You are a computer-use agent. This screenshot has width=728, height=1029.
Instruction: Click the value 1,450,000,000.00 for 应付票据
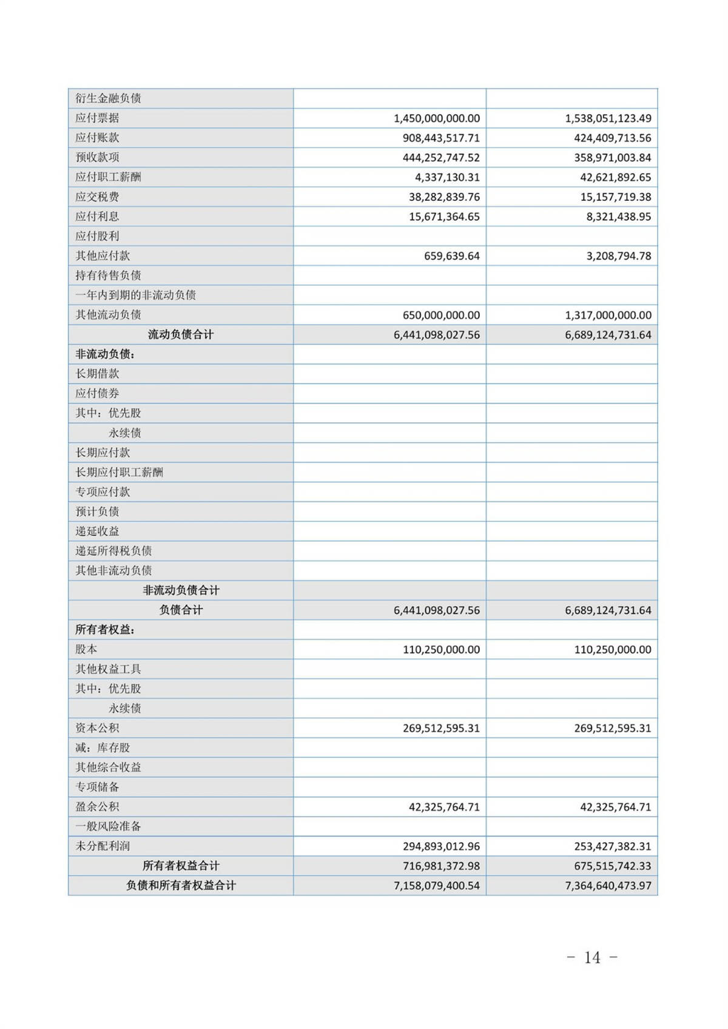click(x=436, y=118)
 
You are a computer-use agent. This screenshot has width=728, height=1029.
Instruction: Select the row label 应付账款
click(x=97, y=138)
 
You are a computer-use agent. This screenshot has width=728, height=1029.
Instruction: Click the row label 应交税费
click(x=97, y=197)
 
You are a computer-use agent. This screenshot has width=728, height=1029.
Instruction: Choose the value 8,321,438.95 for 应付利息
click(x=618, y=217)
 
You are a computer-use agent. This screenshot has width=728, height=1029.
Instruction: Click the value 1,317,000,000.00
click(x=608, y=315)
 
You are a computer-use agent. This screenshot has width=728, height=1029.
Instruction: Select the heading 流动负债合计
click(x=181, y=334)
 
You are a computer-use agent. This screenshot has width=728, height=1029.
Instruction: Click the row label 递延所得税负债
click(x=113, y=551)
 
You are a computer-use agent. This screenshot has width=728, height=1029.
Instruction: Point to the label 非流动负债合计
click(x=181, y=590)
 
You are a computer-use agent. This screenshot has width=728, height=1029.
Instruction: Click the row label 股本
click(x=86, y=649)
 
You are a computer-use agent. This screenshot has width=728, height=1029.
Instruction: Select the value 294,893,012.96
click(x=441, y=846)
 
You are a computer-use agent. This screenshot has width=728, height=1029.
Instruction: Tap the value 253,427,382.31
click(x=612, y=846)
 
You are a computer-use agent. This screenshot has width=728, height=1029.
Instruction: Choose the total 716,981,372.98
click(x=441, y=866)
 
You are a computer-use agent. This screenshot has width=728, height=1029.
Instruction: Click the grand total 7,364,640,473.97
click(x=608, y=886)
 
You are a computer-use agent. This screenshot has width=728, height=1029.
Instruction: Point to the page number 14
click(x=592, y=958)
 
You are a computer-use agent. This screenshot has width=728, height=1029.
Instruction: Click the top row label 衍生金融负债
click(x=108, y=98)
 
